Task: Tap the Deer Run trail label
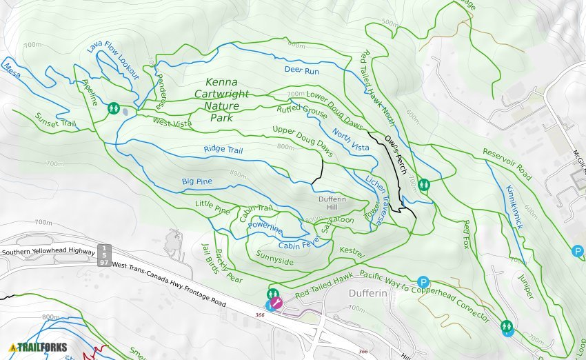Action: coord(301,70)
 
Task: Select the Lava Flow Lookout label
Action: coord(113,60)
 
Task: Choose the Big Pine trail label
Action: coord(196,181)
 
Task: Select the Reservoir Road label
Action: coord(507,164)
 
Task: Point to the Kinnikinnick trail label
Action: coord(514,207)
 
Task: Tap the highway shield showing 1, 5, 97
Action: coord(104,254)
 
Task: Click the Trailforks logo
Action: coord(38,347)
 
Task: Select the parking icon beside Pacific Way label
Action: coord(423,282)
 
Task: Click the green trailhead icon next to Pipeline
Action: coord(113,108)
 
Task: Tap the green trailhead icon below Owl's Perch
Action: coord(424,184)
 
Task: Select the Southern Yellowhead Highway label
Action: coord(48,253)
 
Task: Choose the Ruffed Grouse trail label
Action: coord(301,110)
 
